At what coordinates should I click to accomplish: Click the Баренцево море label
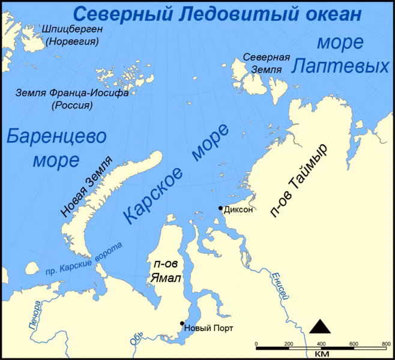56,148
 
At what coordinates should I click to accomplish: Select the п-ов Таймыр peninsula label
306,181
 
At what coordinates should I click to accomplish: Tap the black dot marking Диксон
220,208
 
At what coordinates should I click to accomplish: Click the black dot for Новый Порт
182,323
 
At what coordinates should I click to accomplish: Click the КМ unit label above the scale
321,355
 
